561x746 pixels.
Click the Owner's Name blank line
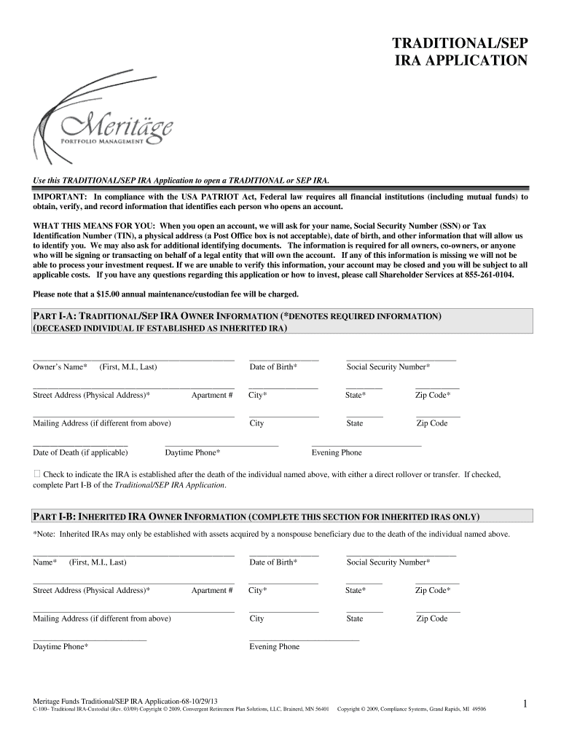click(133, 360)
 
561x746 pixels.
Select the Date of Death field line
click(80, 444)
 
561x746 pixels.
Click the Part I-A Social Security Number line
click(401, 360)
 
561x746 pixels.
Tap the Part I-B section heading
click(256, 517)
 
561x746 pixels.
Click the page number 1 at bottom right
click(525, 703)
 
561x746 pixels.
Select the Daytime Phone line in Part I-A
click(221, 444)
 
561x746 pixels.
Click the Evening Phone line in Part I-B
click(304, 639)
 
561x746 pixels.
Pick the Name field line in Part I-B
click(133, 555)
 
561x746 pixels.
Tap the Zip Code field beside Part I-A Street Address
click(437, 388)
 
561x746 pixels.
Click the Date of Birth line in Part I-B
click(283, 555)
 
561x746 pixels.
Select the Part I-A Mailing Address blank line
click(133, 416)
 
